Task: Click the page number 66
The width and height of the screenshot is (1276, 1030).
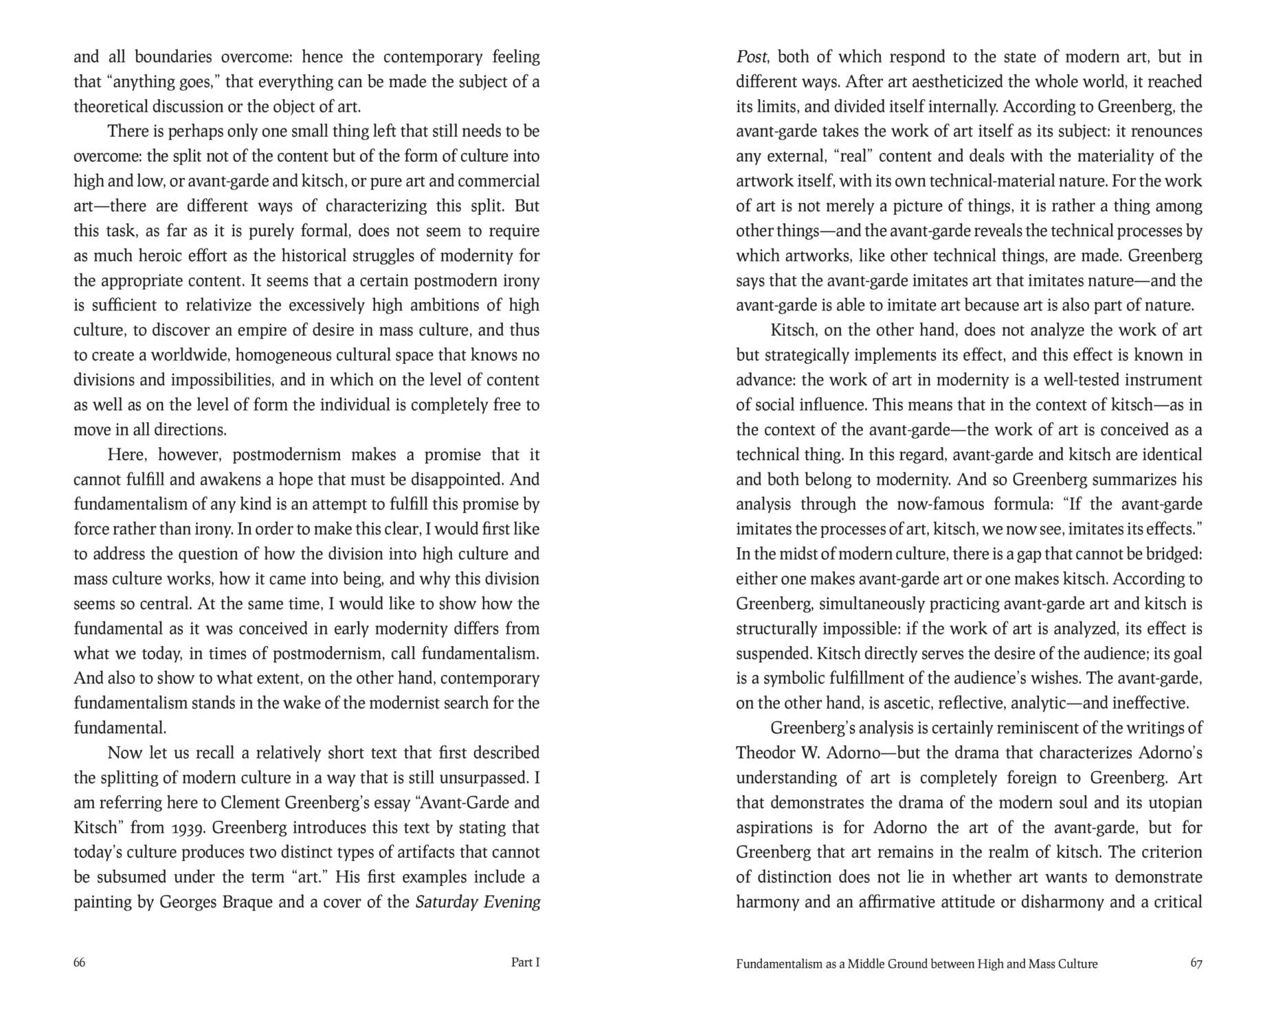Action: tap(80, 962)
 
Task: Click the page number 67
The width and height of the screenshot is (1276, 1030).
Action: tap(1196, 963)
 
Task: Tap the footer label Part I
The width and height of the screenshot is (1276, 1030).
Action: tap(526, 962)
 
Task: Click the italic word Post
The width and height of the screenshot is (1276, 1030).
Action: tap(751, 56)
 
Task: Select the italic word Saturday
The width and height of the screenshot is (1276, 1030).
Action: tap(446, 902)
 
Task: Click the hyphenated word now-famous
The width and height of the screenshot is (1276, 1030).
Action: tap(939, 505)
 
